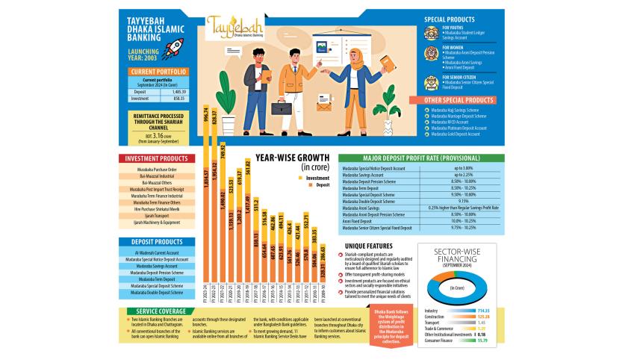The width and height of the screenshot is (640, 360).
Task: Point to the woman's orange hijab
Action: pos(355,54)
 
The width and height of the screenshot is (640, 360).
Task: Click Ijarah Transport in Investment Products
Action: pos(152,215)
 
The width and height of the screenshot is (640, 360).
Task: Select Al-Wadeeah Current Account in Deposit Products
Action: pos(152,252)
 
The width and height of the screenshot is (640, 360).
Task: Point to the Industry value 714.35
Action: pos(481,310)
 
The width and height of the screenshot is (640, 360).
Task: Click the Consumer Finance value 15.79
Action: pos(481,340)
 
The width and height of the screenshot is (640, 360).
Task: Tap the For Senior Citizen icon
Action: pos(431,82)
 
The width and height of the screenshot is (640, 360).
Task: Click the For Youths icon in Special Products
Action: pos(431,33)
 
